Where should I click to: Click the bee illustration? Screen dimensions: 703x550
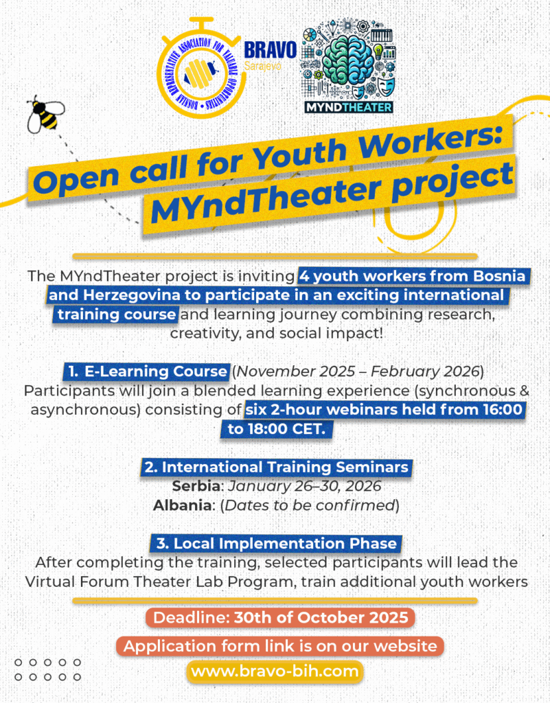point(45,113)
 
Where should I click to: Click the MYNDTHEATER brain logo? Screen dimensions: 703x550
point(348,69)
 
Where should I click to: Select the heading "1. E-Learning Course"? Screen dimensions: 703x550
point(147,371)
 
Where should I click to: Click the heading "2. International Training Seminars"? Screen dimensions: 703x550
point(276,468)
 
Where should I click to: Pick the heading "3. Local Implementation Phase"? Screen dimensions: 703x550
point(276,543)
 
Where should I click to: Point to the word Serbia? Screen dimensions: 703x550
point(196,487)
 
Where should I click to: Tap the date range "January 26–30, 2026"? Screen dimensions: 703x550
point(304,487)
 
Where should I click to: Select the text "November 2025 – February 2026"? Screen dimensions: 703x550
point(358,371)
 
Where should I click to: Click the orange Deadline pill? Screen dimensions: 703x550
point(280,617)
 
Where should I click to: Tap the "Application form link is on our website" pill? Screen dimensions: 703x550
point(279,645)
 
